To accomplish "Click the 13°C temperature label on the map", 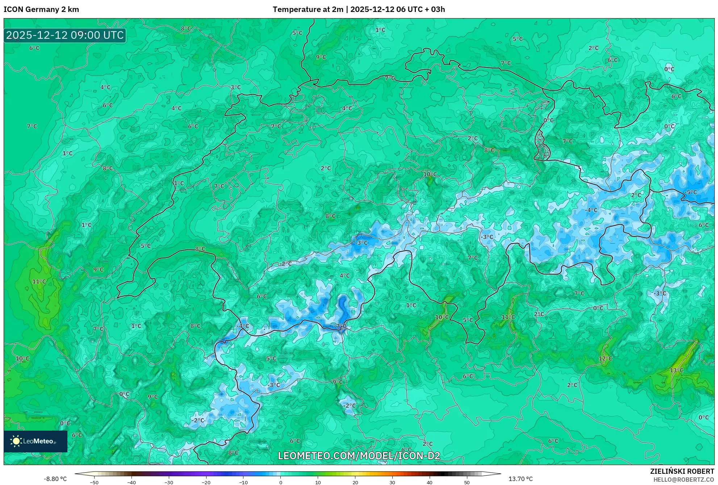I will coord(676,370).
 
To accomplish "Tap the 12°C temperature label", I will coord(605,358).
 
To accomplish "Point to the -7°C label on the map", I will coord(341,326).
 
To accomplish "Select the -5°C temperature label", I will coord(691,192).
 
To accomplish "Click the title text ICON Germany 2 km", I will coord(41,9).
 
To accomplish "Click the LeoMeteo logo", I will coord(36,441).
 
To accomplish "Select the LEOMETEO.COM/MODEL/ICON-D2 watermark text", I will coord(359,456).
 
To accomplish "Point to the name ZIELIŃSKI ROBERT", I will coord(682,471).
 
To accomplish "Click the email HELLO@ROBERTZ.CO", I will coord(684,480).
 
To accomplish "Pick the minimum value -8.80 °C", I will coord(55,479).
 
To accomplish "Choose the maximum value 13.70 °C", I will coord(521,479).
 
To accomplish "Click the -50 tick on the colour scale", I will coord(94,482).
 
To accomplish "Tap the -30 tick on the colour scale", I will coord(169,482).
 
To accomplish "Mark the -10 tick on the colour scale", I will coord(243,482).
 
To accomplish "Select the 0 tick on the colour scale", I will coord(281,482).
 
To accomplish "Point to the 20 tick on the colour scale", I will coord(355,482).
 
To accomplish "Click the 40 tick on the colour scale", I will coord(430,482).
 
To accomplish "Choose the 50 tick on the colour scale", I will coord(467,482).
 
